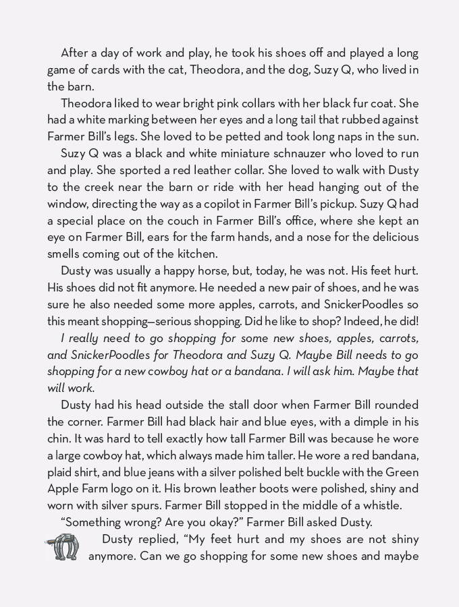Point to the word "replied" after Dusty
[156, 540]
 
